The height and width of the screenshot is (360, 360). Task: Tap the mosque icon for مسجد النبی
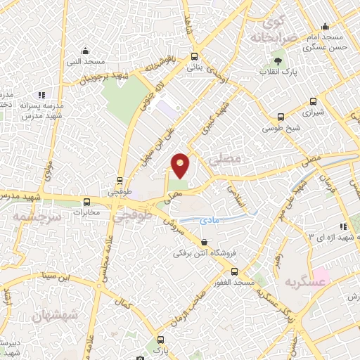pyautogui.click(x=85, y=50)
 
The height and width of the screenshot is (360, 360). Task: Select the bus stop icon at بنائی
pyautogui.click(x=194, y=58)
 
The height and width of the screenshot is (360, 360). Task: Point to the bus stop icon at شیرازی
pyautogui.click(x=281, y=117)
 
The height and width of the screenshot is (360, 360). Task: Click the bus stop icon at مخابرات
pyautogui.click(x=87, y=201)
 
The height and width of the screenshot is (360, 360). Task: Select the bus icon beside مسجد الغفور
pyautogui.click(x=234, y=271)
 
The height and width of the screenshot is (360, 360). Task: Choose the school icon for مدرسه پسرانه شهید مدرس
pyautogui.click(x=41, y=95)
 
